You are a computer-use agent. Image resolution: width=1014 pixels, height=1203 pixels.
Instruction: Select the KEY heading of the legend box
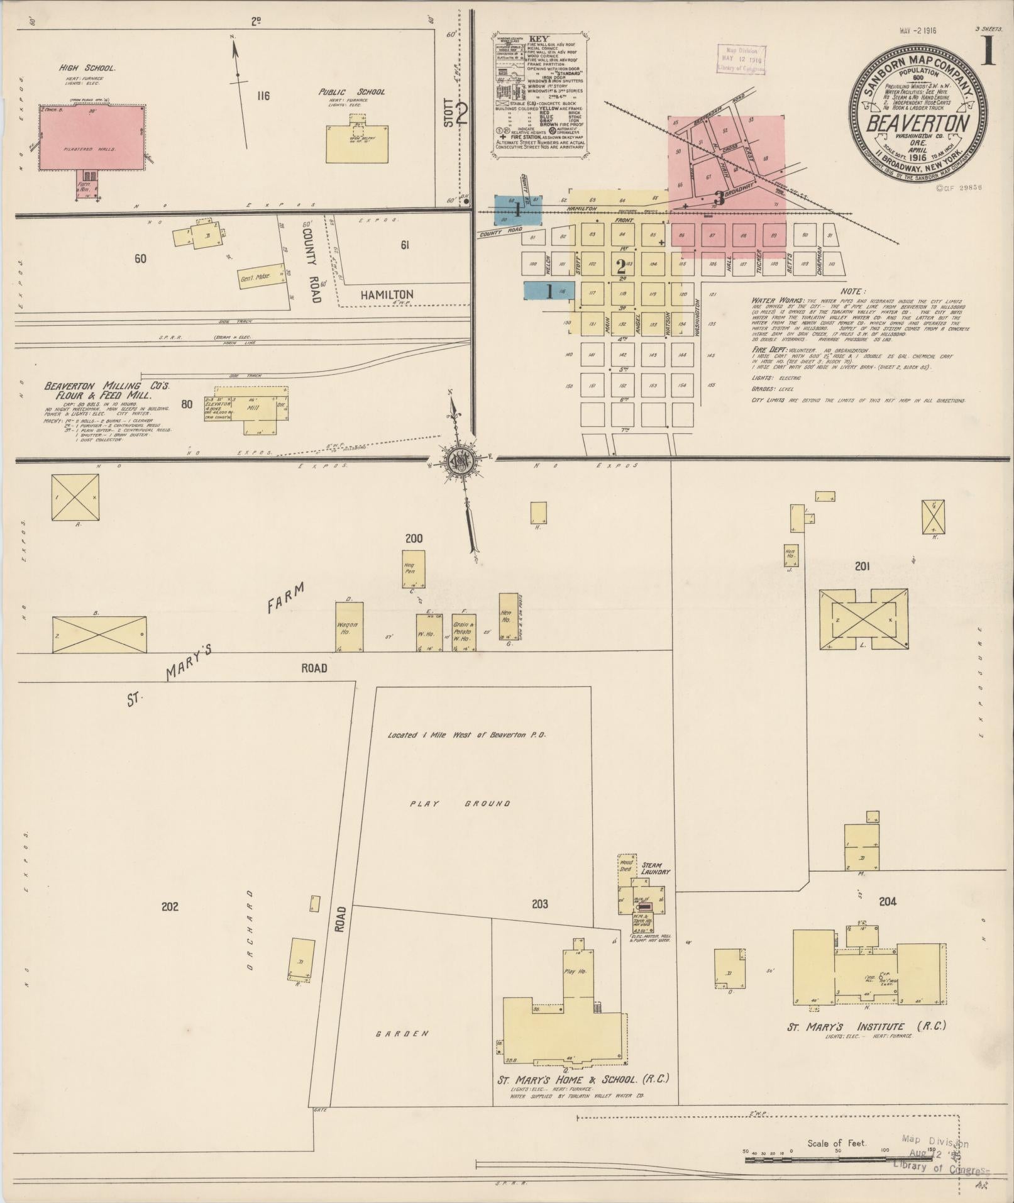(x=539, y=38)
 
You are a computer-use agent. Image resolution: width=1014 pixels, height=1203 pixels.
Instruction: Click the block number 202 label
(x=170, y=906)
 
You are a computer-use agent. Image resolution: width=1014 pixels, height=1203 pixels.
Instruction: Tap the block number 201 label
(x=862, y=567)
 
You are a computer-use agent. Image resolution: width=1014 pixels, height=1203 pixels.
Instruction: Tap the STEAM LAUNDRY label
(x=656, y=868)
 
